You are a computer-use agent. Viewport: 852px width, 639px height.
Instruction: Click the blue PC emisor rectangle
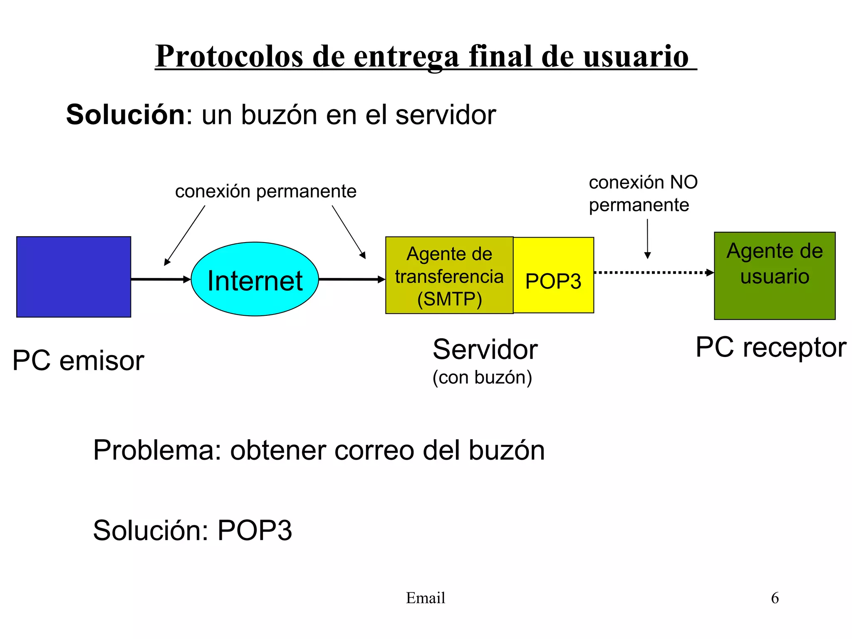point(74,277)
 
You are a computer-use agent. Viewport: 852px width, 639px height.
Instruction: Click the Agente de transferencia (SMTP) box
point(449,275)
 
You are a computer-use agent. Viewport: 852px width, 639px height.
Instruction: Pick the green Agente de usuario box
point(774,275)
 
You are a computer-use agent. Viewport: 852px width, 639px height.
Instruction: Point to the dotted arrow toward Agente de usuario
point(653,272)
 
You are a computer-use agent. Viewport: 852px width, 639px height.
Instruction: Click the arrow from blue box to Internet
point(160,279)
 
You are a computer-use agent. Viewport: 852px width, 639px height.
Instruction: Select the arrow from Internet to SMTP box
point(352,279)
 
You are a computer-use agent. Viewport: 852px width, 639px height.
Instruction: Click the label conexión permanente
point(265,191)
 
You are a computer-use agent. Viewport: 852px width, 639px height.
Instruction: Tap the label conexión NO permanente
point(643,193)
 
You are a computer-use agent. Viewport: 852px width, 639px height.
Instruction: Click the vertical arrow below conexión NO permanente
point(647,239)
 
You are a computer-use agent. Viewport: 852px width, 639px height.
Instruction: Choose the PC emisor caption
point(78,360)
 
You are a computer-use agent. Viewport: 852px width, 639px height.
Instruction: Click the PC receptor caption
point(770,347)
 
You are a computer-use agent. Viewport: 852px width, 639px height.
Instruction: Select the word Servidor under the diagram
point(485,349)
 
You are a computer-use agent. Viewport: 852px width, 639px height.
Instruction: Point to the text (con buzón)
point(482,377)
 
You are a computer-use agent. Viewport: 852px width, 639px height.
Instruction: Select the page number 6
point(775,598)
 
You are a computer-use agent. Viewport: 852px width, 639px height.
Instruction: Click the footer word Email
point(425,598)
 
